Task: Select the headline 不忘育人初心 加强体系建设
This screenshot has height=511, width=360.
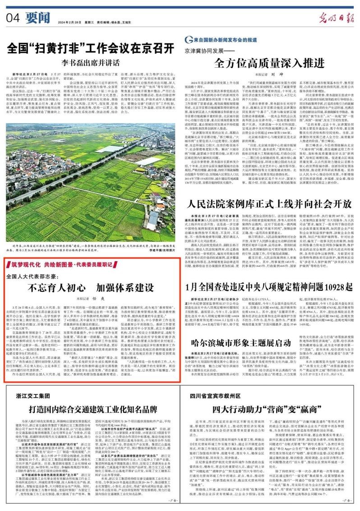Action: [x=92, y=288]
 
